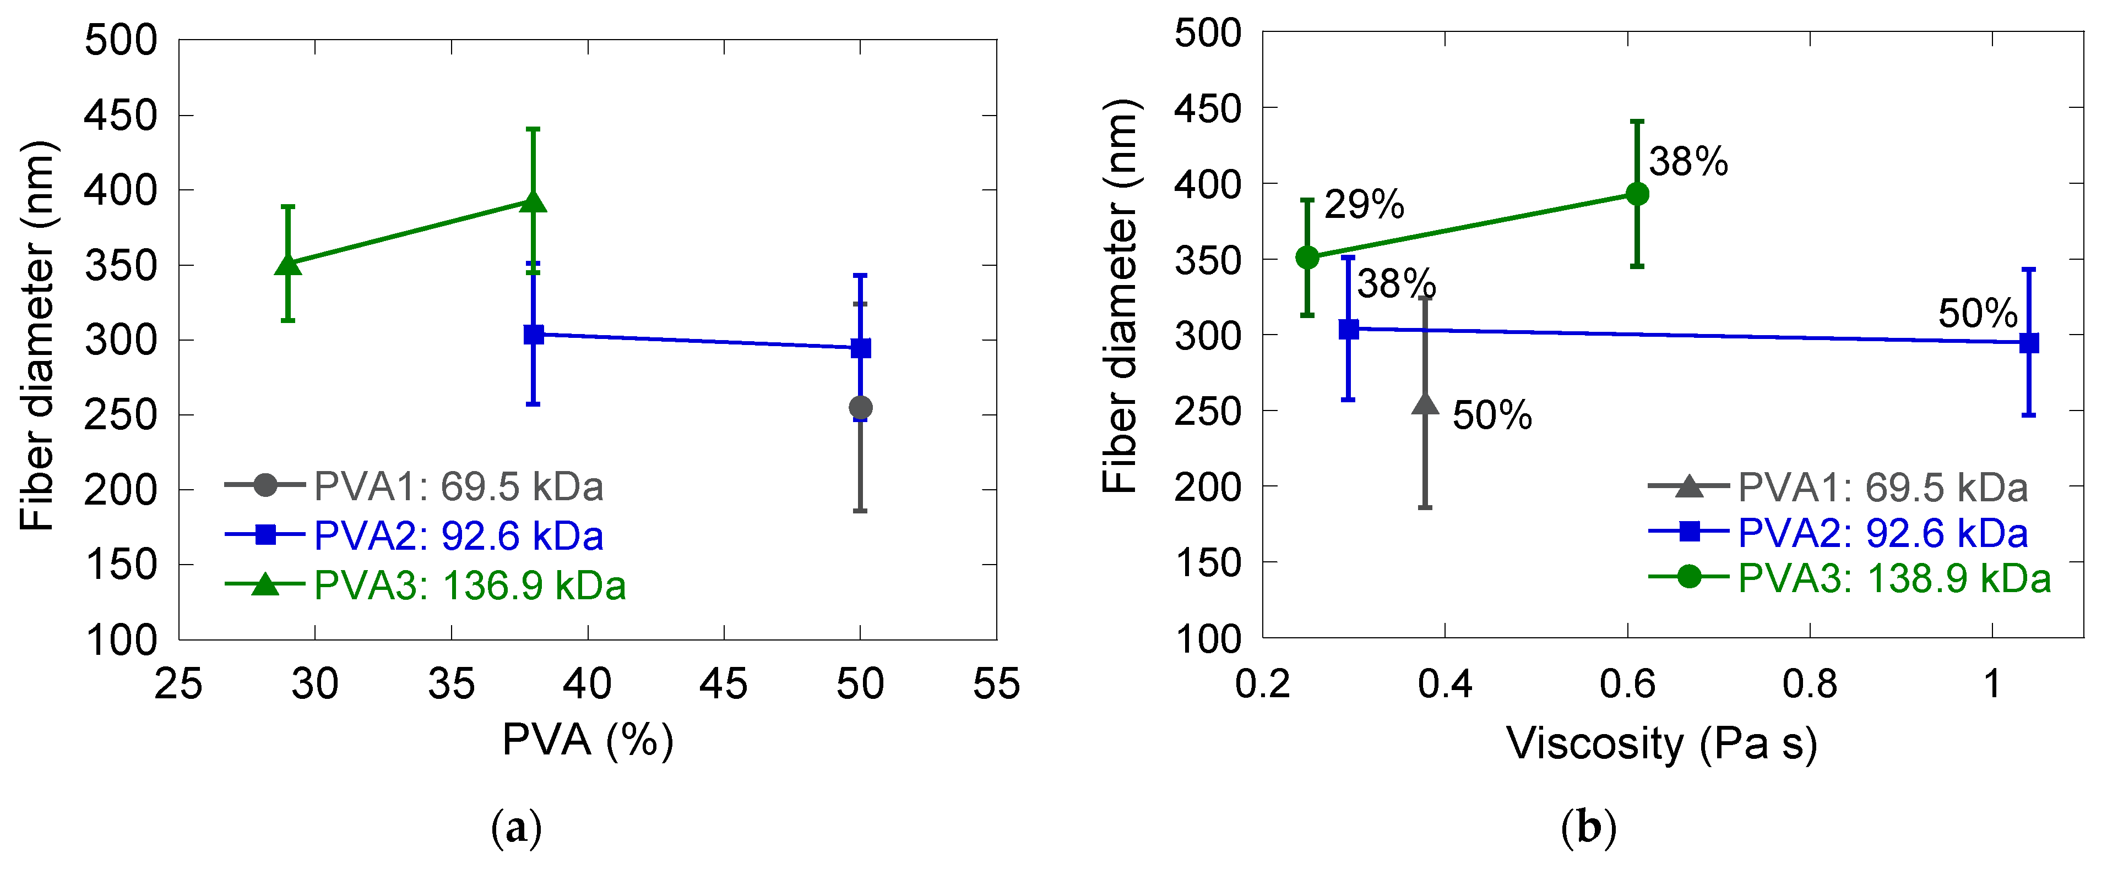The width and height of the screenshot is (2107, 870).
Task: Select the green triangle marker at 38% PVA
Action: (533, 201)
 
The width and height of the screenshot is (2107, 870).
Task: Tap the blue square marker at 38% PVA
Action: (533, 335)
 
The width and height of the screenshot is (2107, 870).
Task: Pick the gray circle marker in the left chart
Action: (860, 407)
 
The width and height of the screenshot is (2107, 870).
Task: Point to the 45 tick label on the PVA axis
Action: (724, 683)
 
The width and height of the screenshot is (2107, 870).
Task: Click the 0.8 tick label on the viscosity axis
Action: (1809, 683)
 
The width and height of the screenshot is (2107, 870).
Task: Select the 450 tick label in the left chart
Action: (121, 116)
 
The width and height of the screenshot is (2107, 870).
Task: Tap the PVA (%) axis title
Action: (587, 741)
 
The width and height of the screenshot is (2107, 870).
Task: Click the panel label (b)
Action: (1588, 829)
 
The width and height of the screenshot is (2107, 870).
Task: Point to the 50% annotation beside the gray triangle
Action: (1492, 415)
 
